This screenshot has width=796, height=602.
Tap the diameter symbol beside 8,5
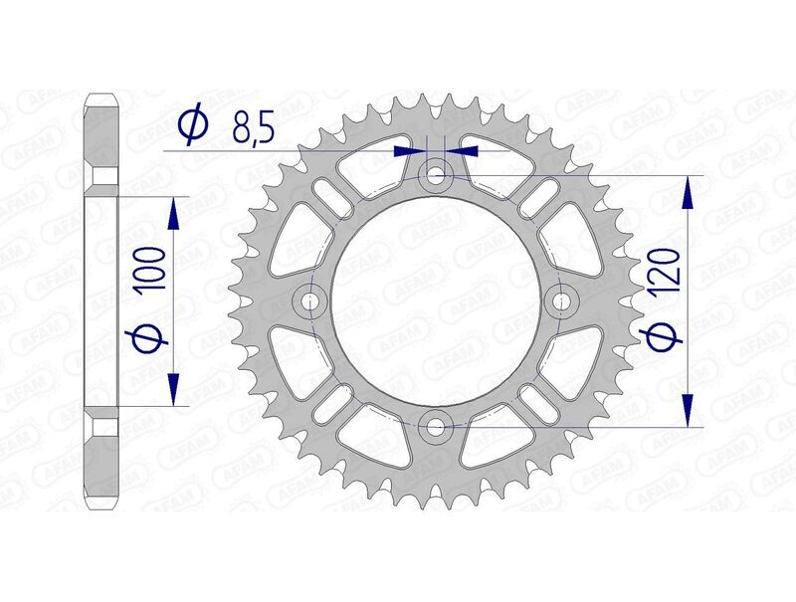[192, 124]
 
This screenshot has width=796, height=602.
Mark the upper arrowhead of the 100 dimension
[176, 211]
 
